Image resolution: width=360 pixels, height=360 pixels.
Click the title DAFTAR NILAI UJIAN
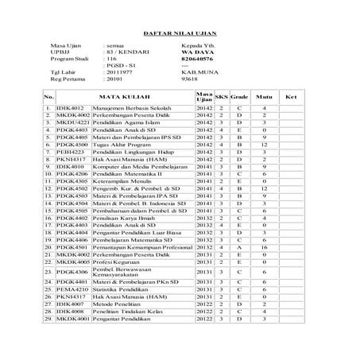pos(180,35)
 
